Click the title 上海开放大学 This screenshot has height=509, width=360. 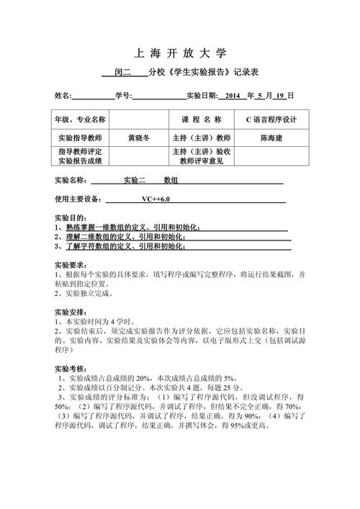coord(180,53)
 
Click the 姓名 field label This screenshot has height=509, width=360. coord(63,96)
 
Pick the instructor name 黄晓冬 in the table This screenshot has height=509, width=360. coord(140,137)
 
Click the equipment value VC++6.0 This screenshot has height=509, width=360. coord(156,199)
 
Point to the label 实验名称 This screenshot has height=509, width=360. coord(71,180)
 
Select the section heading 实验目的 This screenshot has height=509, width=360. coord(71,217)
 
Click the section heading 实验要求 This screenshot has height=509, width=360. coord(71,264)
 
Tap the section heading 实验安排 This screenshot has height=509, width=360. coord(71,311)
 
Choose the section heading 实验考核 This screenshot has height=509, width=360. coord(71,368)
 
